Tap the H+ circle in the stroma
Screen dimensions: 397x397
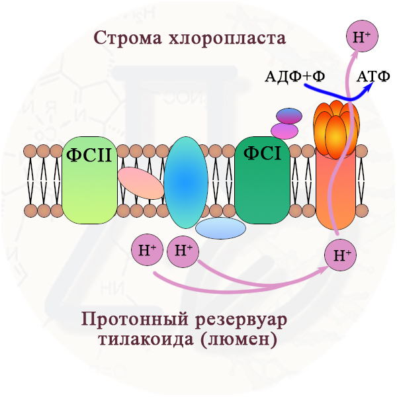coord(362,37)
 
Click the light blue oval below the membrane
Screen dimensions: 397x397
coord(221,228)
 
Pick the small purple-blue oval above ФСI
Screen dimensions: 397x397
coord(288,116)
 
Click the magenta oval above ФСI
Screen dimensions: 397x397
coord(285,130)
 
